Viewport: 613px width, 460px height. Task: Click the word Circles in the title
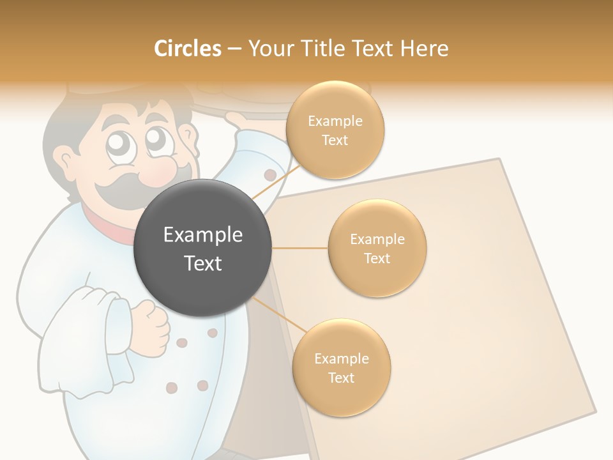tap(187, 49)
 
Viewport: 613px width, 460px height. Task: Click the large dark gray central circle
tap(202, 249)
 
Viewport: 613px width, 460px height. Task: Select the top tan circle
tap(335, 130)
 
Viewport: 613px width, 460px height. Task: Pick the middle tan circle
tap(377, 249)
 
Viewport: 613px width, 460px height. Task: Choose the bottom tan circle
tap(341, 368)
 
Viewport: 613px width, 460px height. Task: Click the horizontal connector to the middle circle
tap(299, 248)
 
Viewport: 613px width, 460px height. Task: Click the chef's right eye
tap(155, 139)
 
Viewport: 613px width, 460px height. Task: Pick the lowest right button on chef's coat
tap(202, 385)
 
